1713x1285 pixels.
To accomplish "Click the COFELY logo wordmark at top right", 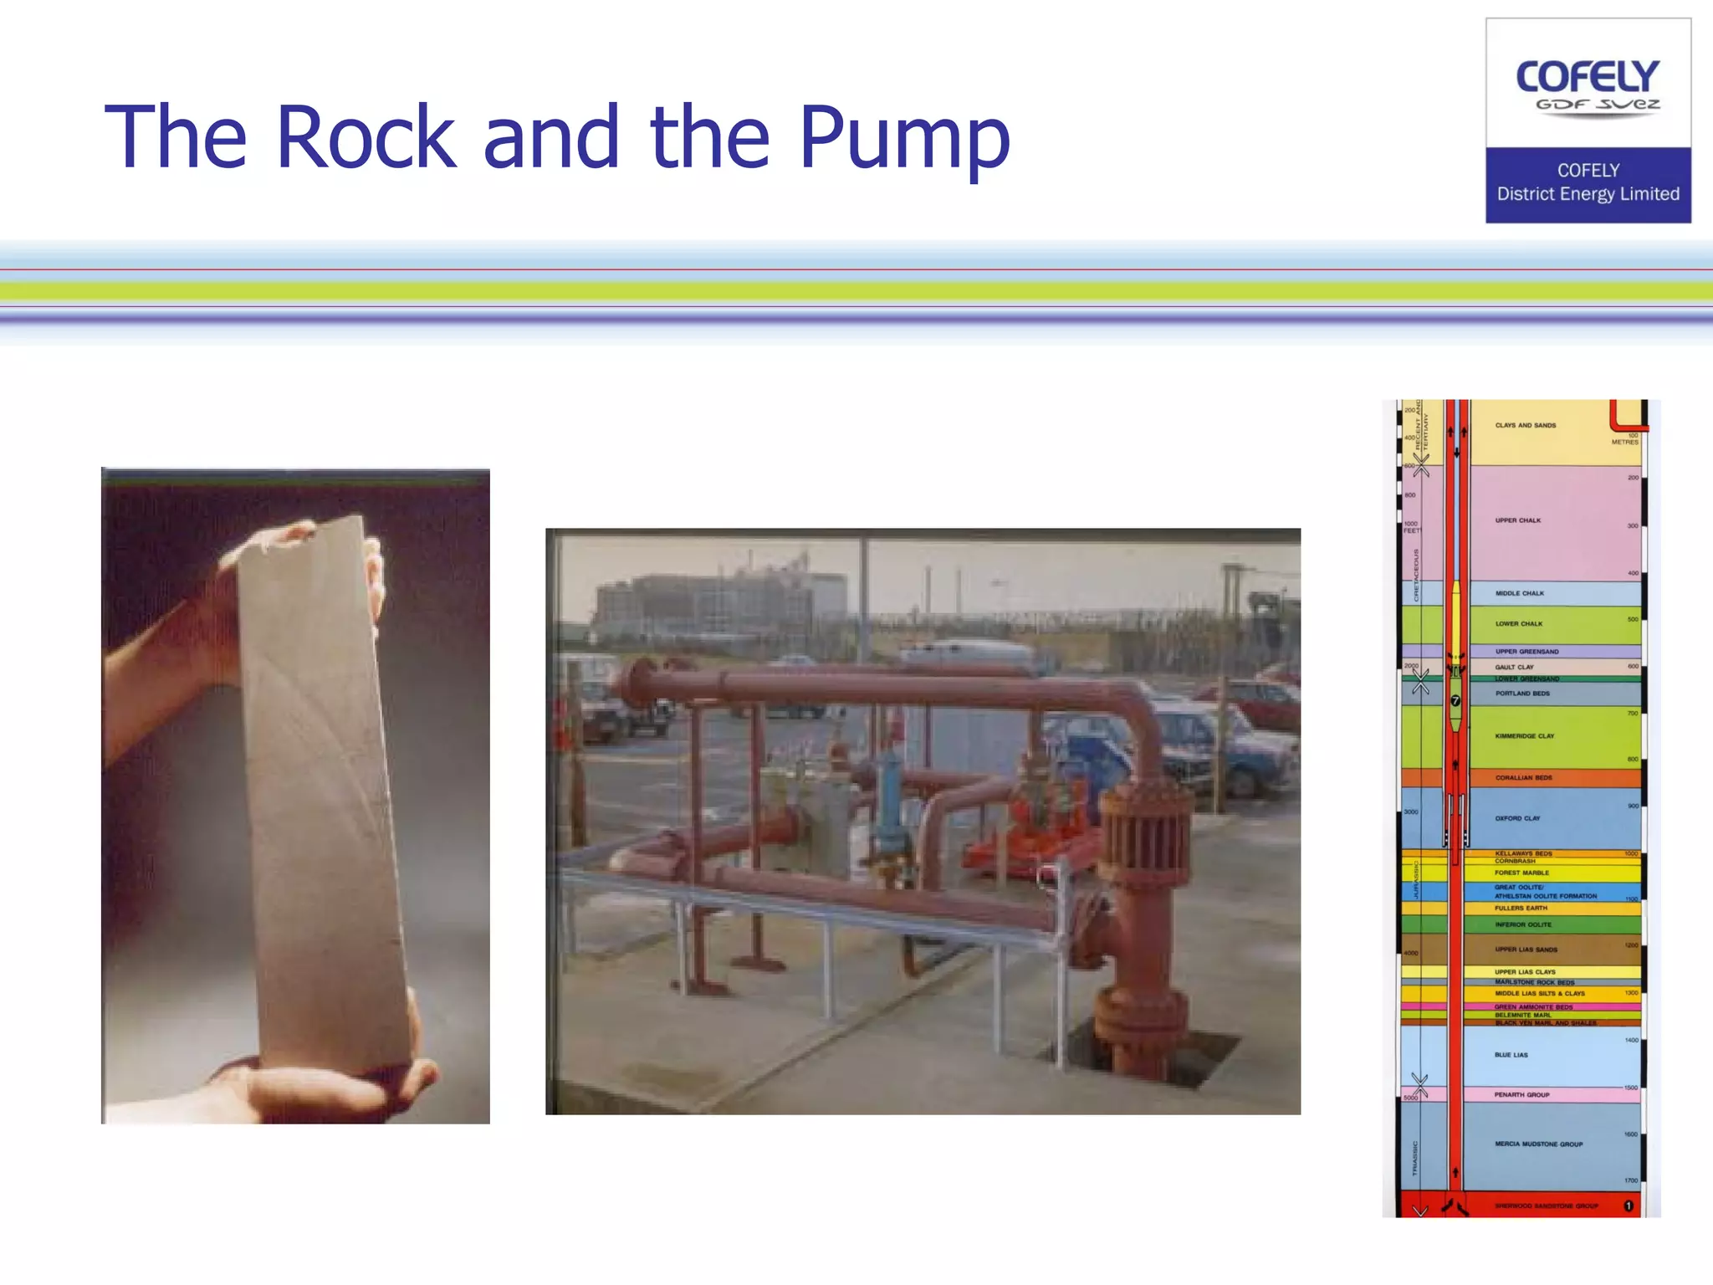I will (1587, 77).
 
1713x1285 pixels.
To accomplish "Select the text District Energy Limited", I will (1588, 194).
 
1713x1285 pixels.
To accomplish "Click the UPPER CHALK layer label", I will (1517, 520).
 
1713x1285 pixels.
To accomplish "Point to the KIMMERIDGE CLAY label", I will (1524, 736).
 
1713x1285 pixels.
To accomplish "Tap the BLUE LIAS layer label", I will (1511, 1055).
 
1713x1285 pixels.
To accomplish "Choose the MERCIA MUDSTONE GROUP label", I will (1538, 1144).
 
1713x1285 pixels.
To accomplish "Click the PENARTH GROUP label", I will (1521, 1094).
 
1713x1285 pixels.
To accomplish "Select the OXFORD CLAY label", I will (1516, 818).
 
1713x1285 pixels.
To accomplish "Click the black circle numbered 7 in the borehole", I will (1455, 701).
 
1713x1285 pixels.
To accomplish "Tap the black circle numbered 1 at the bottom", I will (1628, 1206).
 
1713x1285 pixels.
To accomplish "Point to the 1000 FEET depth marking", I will (1411, 527).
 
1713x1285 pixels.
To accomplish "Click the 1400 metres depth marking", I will (1631, 1040).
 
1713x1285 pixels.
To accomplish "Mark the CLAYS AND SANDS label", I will (1525, 425).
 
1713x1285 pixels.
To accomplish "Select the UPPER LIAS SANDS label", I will (1526, 950).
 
